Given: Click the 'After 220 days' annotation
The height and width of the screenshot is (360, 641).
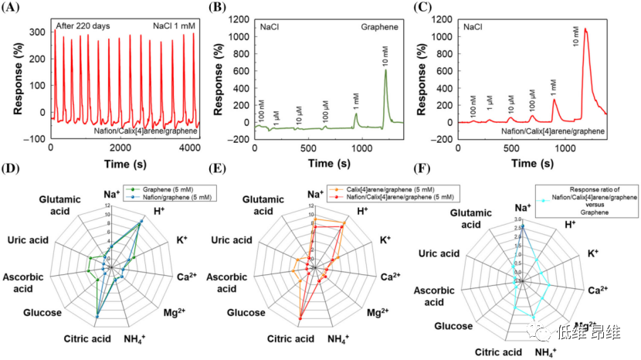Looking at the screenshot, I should [x=83, y=25].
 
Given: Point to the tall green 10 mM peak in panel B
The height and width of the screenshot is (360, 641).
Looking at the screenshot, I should [x=385, y=73].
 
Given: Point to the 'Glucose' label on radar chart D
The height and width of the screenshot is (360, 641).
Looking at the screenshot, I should [x=42, y=313].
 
